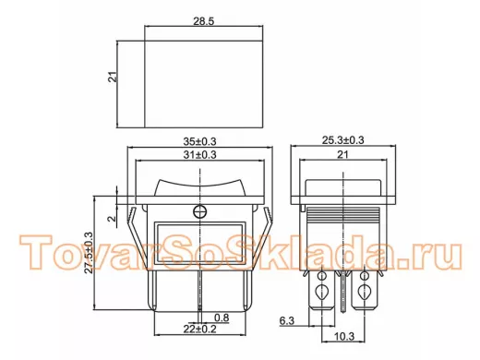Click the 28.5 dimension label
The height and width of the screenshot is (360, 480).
click(x=203, y=21)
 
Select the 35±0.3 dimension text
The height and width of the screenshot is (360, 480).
click(x=199, y=141)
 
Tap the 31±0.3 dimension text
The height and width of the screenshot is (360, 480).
click(x=199, y=155)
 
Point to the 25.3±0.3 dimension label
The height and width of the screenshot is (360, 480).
click(x=342, y=140)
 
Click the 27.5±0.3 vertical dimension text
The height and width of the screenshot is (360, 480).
click(x=89, y=252)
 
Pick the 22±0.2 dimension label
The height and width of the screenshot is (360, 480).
click(x=199, y=329)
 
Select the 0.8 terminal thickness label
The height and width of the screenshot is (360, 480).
click(x=222, y=318)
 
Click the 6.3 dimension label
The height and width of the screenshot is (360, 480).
click(x=287, y=321)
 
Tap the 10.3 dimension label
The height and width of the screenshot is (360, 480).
click(x=344, y=336)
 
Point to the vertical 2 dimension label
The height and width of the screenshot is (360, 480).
click(x=112, y=219)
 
